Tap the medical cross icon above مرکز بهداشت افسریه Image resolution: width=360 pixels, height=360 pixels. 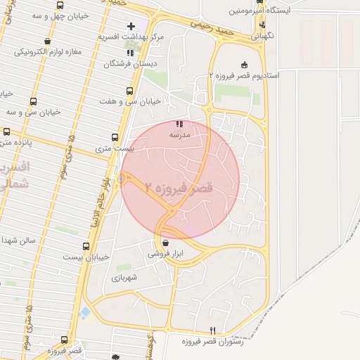pos(131,26)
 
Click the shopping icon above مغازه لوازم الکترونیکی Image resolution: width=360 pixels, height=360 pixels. pos(47,42)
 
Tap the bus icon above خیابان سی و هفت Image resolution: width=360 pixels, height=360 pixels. pos(129,91)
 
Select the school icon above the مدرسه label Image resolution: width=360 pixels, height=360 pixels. pos(179,123)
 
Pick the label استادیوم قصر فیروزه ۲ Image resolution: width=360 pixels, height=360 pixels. pos(244,75)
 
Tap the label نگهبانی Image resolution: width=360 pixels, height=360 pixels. pos(262,34)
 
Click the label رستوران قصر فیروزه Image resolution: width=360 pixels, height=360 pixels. pos(212,341)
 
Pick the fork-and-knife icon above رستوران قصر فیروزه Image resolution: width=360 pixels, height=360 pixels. pos(212,331)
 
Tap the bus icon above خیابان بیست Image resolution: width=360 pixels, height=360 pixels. pos(86,247)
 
